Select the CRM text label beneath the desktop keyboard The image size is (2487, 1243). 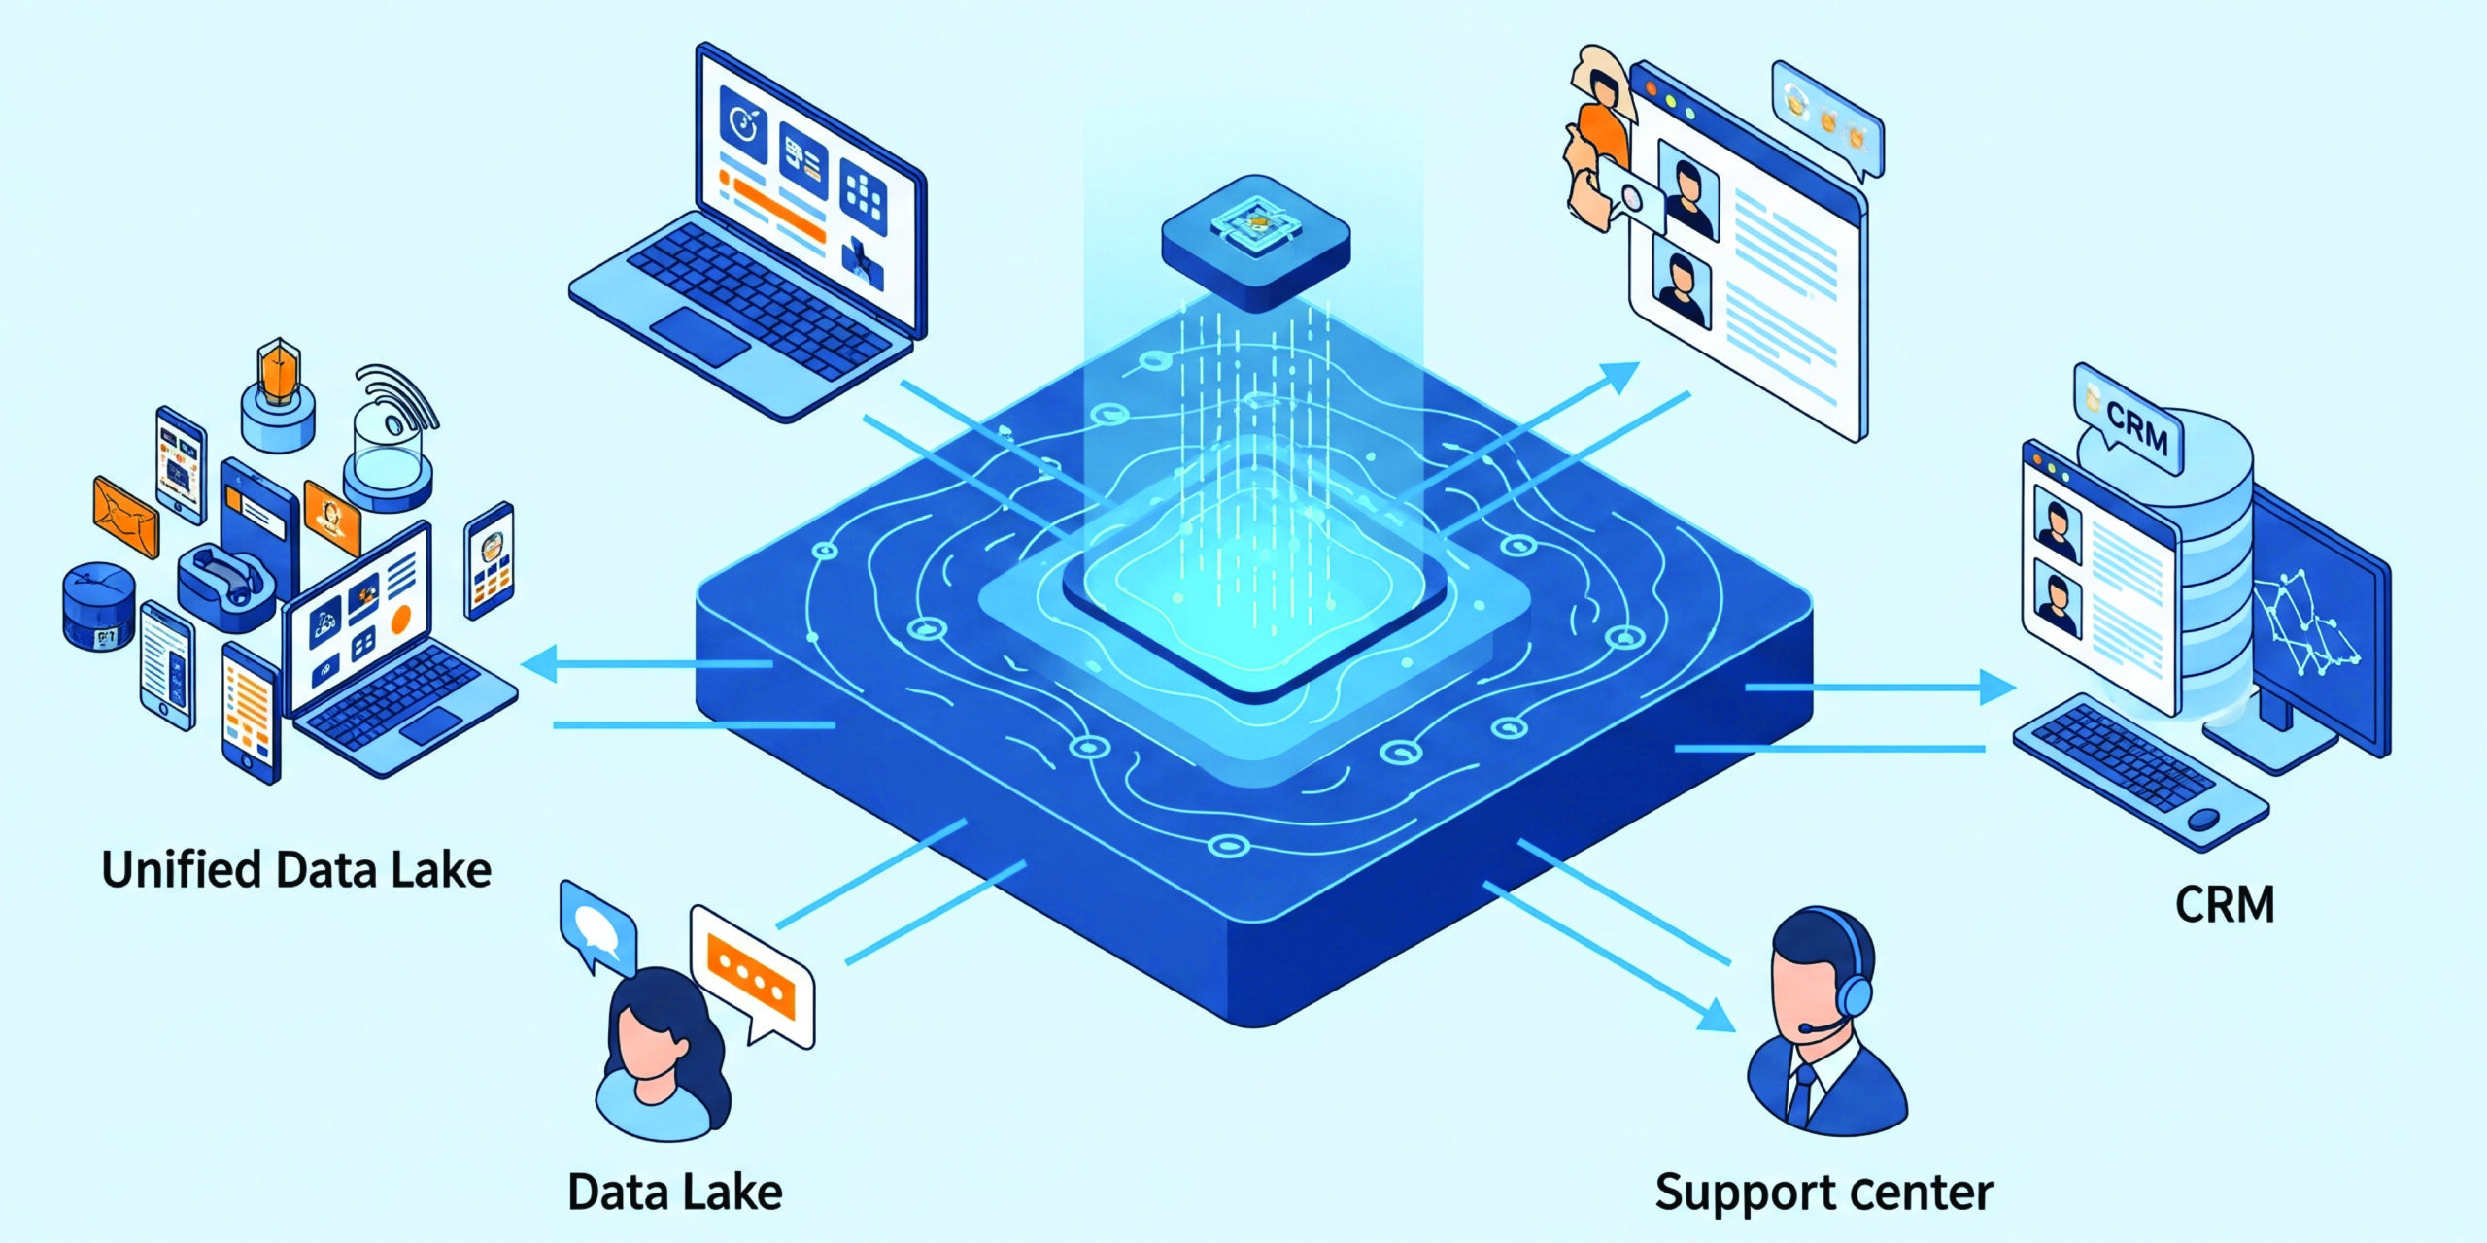point(2225,905)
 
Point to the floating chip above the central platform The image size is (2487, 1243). point(1256,240)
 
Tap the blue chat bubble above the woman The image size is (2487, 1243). point(596,924)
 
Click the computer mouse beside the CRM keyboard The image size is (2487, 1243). point(2203,819)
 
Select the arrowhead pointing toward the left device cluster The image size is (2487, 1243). point(538,664)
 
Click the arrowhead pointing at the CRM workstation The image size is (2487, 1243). point(1998,688)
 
